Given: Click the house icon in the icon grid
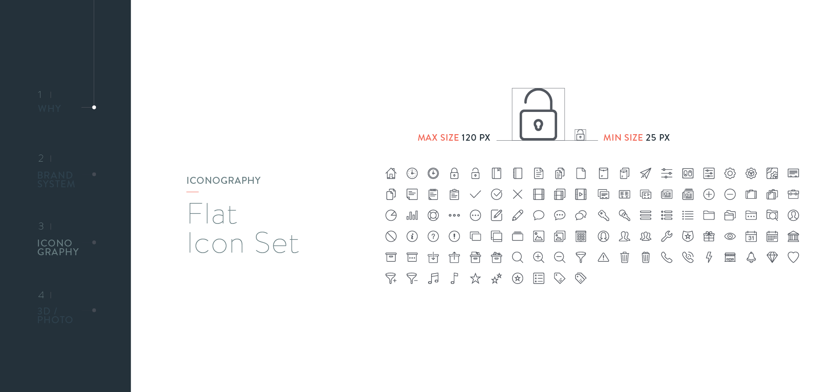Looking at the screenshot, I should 391,173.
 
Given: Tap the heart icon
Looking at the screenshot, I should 793,257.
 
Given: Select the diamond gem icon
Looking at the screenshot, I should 772,257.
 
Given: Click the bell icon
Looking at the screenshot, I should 751,257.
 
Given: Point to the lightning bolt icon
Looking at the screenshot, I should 709,257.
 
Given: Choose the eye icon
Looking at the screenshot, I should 730,237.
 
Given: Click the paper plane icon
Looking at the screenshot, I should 646,173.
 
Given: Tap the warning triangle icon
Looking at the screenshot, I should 603,257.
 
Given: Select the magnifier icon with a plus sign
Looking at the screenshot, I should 539,257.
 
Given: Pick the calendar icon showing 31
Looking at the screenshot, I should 751,237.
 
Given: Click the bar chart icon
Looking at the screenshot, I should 412,215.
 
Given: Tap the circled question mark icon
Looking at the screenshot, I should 433,237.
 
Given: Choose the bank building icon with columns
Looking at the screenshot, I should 793,237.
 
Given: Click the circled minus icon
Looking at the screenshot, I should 730,194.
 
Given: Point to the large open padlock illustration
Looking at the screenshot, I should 538,115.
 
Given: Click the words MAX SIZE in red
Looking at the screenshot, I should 438,138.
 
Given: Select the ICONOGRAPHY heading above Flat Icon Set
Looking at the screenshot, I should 223,180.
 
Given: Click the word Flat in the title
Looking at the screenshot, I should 213,214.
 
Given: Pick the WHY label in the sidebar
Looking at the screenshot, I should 49,108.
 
